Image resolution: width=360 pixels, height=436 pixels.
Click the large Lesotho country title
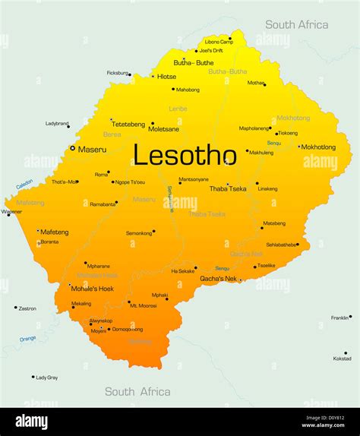[x=185, y=155]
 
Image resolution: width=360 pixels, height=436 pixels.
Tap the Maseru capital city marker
[x=73, y=149]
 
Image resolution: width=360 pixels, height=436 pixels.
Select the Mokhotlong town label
[x=318, y=147]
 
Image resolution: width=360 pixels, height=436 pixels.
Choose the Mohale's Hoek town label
[x=92, y=289]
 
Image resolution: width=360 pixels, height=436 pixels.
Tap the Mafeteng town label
[x=55, y=232]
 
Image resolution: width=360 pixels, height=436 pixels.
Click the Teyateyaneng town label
[x=128, y=124]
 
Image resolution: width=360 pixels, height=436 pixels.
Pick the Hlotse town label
[x=166, y=76]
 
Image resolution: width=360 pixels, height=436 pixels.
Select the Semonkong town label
[x=139, y=232]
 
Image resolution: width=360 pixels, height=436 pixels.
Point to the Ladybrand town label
[x=57, y=123]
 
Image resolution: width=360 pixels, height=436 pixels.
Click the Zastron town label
[x=27, y=308]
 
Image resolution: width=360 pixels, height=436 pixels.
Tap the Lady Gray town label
[x=47, y=377]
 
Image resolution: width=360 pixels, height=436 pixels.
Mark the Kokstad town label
[x=343, y=359]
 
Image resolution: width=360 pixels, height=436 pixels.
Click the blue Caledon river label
[x=24, y=184]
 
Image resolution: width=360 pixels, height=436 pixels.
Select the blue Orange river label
[x=27, y=339]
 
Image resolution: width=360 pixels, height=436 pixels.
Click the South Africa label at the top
[x=296, y=25]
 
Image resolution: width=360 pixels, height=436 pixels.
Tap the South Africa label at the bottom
[x=137, y=392]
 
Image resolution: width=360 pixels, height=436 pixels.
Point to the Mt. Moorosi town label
[x=142, y=305]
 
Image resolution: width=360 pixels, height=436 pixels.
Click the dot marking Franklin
[x=352, y=317]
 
